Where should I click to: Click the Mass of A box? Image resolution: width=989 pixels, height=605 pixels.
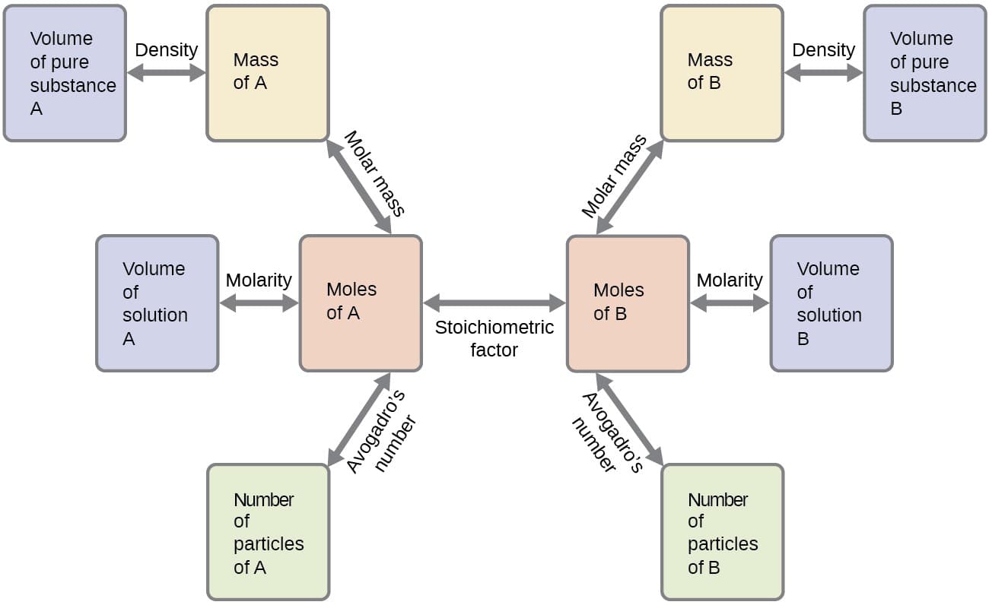click(268, 73)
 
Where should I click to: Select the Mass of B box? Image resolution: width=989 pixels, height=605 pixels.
click(721, 73)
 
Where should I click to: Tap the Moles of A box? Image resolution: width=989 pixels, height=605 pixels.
click(361, 303)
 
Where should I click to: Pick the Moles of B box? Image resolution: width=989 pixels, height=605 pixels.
click(628, 303)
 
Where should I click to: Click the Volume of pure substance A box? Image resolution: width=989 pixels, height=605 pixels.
click(65, 73)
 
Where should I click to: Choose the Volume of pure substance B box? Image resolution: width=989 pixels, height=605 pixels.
click(924, 73)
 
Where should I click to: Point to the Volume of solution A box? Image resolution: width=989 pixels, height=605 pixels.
click(157, 303)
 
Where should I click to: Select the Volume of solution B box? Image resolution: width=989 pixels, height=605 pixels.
click(831, 303)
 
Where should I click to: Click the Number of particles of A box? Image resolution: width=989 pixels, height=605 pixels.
click(268, 532)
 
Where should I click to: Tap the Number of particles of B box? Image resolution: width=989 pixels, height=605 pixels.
click(722, 532)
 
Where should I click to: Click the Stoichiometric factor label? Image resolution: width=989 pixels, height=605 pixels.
click(494, 339)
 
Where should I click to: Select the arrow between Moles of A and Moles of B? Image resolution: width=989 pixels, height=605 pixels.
click(494, 303)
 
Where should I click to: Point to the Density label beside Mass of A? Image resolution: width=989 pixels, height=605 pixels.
click(166, 50)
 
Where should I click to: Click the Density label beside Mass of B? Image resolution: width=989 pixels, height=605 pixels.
click(823, 50)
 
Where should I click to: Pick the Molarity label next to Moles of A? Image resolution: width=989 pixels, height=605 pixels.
click(259, 280)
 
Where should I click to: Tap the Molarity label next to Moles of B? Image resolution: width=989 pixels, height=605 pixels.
click(730, 280)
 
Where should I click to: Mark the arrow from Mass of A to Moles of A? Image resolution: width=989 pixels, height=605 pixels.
click(358, 187)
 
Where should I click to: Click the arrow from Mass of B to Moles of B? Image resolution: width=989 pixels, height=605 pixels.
click(629, 187)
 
